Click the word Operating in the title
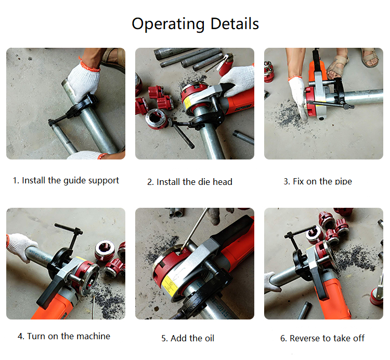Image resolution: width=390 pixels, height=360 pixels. coord(168,24)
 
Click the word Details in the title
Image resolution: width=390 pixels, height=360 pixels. coord(235,23)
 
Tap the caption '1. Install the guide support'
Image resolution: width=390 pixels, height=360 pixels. coord(66,181)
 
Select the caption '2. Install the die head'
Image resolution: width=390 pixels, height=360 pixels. coord(190,182)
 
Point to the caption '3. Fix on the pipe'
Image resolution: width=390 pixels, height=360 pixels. coord(318,181)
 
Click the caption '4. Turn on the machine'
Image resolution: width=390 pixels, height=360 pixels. coord(64,336)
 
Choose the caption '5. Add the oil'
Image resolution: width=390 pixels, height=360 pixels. coord(188,338)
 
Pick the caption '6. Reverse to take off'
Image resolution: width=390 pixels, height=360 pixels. coord(322,338)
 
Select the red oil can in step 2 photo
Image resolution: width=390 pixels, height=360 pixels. coord(226,64)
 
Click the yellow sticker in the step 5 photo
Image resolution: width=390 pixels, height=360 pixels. coord(170,285)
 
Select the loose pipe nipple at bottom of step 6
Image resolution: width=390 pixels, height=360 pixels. coord(305,310)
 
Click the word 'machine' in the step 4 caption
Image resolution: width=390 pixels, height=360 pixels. coord(93,336)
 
